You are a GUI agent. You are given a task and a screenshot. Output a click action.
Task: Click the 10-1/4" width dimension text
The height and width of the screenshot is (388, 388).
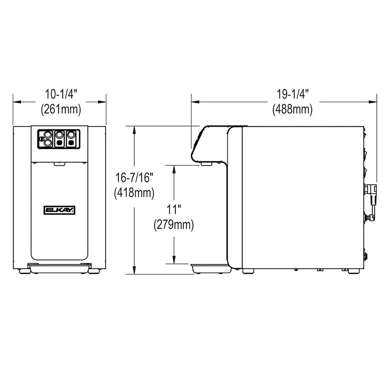61,94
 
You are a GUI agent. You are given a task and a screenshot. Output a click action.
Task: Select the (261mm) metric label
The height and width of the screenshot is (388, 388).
61,110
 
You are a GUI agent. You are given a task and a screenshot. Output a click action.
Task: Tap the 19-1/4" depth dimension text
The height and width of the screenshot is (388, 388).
292,94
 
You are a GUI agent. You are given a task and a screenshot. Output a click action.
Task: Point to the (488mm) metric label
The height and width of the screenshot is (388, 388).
292,110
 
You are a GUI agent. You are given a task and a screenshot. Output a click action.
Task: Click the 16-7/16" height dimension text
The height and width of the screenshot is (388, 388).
134,178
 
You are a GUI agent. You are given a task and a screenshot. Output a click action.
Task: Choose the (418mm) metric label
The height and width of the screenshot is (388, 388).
134,192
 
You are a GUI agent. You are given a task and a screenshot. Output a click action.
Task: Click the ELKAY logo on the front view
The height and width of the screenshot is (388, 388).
59,210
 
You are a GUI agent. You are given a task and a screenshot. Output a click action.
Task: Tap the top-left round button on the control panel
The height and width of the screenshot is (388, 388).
47,135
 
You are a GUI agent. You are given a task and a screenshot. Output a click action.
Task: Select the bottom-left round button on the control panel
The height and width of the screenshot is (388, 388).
47,143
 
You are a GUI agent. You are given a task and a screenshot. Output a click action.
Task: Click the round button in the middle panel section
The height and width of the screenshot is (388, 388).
59,135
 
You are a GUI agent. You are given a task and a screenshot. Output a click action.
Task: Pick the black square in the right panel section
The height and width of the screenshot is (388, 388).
71,143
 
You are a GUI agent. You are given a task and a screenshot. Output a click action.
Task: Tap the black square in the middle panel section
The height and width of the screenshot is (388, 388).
59,143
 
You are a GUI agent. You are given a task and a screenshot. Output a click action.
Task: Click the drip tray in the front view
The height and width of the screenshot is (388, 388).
59,267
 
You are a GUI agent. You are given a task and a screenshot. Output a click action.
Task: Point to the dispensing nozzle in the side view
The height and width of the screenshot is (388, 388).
206,165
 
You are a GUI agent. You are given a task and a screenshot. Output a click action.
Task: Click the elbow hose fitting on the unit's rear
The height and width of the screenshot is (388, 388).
371,190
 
